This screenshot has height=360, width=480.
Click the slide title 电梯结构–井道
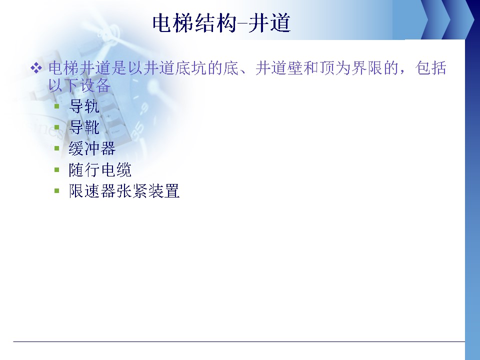click(x=221, y=23)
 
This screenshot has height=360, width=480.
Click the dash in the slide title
click(x=242, y=23)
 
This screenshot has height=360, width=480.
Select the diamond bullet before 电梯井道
click(x=36, y=68)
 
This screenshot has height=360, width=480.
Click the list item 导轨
click(x=84, y=106)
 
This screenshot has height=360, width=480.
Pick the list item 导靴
click(x=84, y=127)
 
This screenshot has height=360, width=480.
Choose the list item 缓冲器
click(x=92, y=148)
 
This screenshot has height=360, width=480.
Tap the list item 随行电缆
click(x=100, y=170)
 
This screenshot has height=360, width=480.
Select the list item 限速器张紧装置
click(x=124, y=191)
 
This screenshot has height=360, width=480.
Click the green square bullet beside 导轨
click(x=56, y=106)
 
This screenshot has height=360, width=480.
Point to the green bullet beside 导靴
click(x=56, y=127)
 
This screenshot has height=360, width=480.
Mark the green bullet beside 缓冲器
click(x=56, y=148)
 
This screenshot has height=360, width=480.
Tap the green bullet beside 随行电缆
click(x=56, y=169)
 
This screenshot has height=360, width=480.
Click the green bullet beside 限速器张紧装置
click(x=56, y=190)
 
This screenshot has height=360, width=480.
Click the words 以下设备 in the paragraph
click(x=79, y=85)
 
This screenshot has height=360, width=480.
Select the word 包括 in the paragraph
click(x=430, y=68)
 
